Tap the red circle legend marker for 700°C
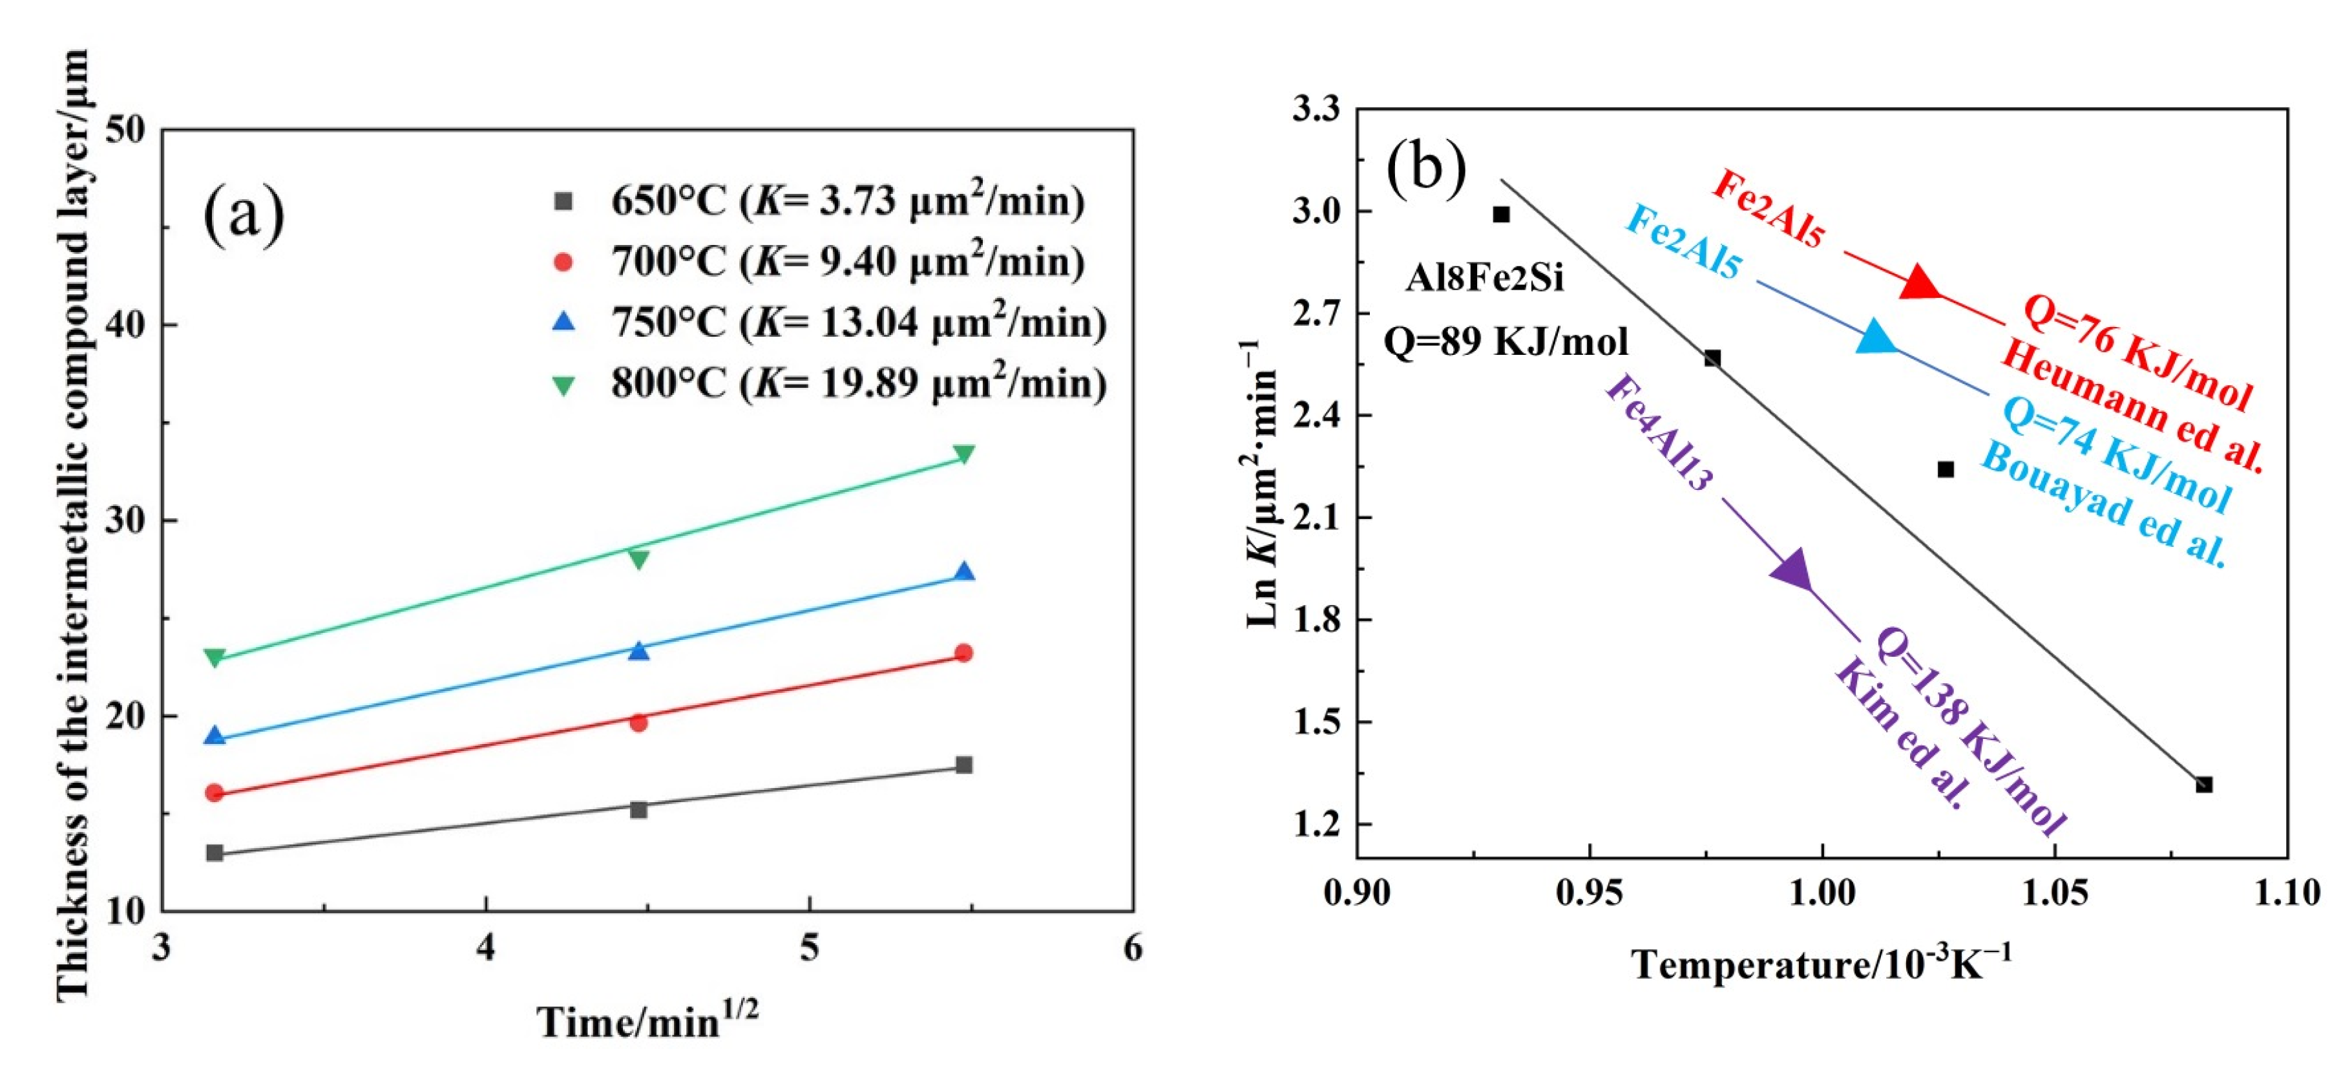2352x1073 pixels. click(563, 262)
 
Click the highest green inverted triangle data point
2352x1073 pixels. click(963, 454)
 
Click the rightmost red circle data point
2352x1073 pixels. click(963, 653)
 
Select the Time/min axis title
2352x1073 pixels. click(646, 1020)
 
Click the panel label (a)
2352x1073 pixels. click(244, 214)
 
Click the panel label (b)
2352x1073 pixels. click(1426, 168)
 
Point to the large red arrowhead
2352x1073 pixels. click(1919, 284)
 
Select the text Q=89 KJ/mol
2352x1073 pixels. click(1506, 341)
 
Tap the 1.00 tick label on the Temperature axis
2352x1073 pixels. click(1822, 891)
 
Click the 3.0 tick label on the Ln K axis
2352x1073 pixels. click(1316, 211)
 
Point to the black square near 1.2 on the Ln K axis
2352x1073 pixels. click(2203, 785)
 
